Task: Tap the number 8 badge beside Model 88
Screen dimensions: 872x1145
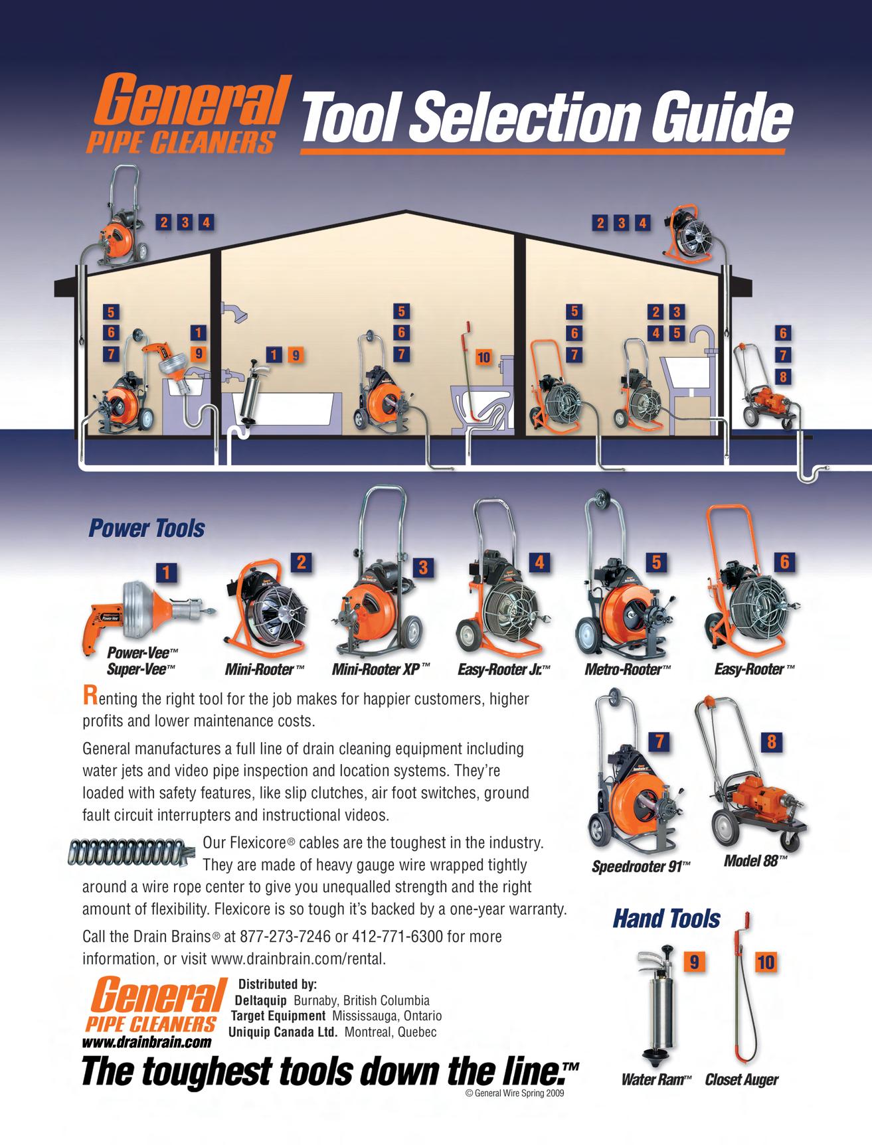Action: (x=771, y=742)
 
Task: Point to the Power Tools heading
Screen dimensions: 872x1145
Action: (x=146, y=528)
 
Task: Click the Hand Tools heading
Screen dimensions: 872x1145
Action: (x=666, y=919)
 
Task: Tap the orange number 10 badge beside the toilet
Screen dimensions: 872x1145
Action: (x=483, y=358)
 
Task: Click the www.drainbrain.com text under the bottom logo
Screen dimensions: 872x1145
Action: (x=147, y=1042)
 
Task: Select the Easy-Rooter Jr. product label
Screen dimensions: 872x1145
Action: (x=505, y=669)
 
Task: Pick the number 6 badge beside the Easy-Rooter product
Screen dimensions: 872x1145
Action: (x=784, y=562)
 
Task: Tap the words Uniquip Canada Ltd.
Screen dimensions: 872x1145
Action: (x=284, y=1032)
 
